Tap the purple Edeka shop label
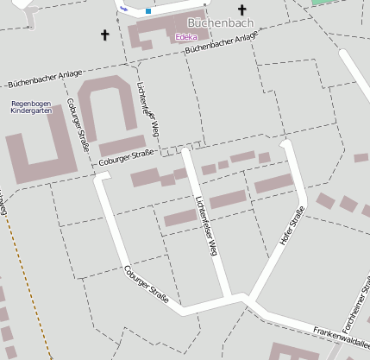pyautogui.click(x=185, y=37)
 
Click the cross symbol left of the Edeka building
pyautogui.click(x=105, y=35)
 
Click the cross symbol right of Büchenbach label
pyautogui.click(x=242, y=10)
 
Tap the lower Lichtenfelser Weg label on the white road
pyautogui.click(x=204, y=227)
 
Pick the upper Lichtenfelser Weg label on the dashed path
pyautogui.click(x=148, y=108)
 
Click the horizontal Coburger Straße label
pyautogui.click(x=126, y=156)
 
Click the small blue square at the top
pyautogui.click(x=148, y=11)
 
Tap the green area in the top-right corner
pyautogui.click(x=322, y=3)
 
